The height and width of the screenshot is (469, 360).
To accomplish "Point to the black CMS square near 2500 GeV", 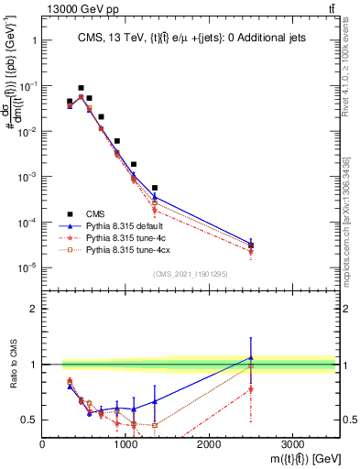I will [x=251, y=245].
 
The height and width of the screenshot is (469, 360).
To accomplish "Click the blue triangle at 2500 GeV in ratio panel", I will [x=251, y=357].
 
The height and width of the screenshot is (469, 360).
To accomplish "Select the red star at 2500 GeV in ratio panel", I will [x=251, y=389].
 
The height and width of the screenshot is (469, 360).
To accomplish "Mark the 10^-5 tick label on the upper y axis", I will [x=26, y=267].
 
